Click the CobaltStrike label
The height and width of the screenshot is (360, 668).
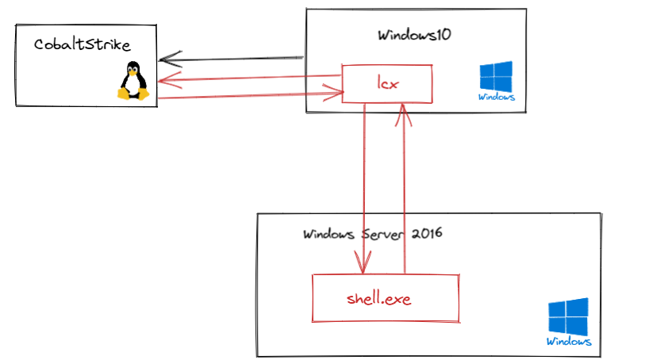[83, 44]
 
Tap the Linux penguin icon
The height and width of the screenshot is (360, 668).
[134, 81]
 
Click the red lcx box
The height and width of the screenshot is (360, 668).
[386, 83]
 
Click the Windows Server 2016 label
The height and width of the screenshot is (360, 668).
[372, 235]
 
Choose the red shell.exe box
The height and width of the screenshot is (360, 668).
[386, 298]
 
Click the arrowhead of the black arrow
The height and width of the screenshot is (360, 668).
[167, 60]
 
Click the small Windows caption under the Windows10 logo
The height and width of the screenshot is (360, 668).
[497, 98]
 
